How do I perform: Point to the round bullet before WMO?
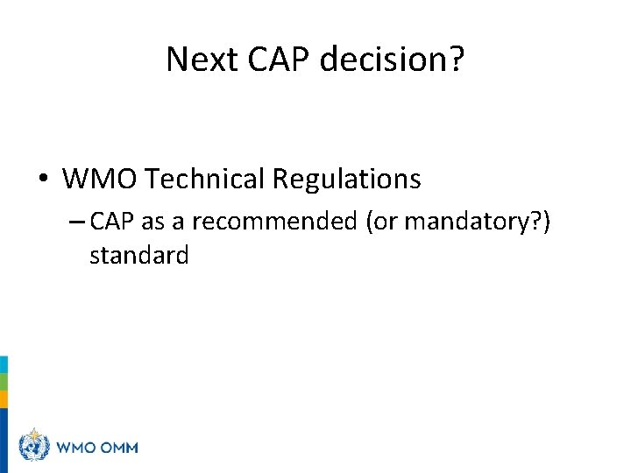point(43,180)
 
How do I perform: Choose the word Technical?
point(204,180)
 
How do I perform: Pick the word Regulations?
point(346,180)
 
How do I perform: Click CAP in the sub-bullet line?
point(110,222)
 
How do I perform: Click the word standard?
point(138,255)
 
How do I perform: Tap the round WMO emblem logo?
point(33,448)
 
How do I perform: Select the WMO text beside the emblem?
point(77,448)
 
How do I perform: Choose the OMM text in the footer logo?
point(119,448)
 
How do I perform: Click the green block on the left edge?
point(4,382)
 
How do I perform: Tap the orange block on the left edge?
point(4,399)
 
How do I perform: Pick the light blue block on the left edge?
point(4,364)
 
